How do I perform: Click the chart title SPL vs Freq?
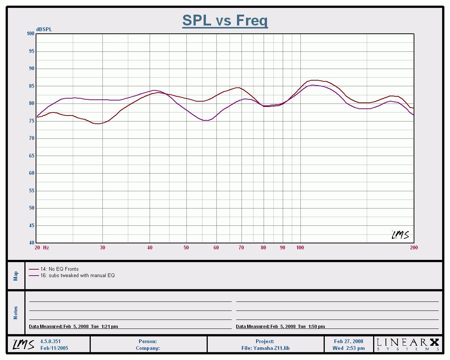pyautogui.click(x=225, y=20)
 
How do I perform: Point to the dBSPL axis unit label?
pyautogui.click(x=44, y=30)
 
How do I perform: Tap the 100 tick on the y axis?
pyautogui.click(x=30, y=34)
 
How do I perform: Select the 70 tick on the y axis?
pyautogui.click(x=31, y=138)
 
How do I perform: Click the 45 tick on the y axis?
pyautogui.click(x=31, y=226)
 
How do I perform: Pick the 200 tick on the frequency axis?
pyautogui.click(x=414, y=247)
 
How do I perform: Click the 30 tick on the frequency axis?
pyautogui.click(x=102, y=247)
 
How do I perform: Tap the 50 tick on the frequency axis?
pyautogui.click(x=186, y=247)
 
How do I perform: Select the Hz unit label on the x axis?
pyautogui.click(x=46, y=247)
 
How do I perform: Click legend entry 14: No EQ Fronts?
pyautogui.click(x=59, y=269)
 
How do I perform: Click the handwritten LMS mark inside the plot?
pyautogui.click(x=400, y=235)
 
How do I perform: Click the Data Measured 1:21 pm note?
pyautogui.click(x=73, y=327)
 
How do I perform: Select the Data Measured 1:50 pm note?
pyautogui.click(x=280, y=327)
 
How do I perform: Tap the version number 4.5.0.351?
pyautogui.click(x=50, y=342)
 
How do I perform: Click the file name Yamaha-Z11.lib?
pyautogui.click(x=265, y=348)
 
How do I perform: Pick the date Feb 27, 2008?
pyautogui.click(x=348, y=342)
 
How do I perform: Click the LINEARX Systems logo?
pyautogui.click(x=408, y=344)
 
